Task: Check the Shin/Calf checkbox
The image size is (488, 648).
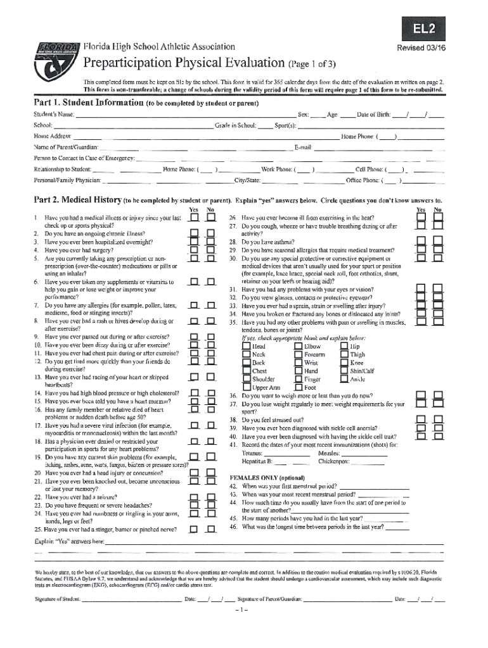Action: point(344,371)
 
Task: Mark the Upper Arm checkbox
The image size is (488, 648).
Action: point(247,387)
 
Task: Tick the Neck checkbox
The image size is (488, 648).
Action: point(247,355)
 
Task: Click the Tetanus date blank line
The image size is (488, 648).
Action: point(286,454)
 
